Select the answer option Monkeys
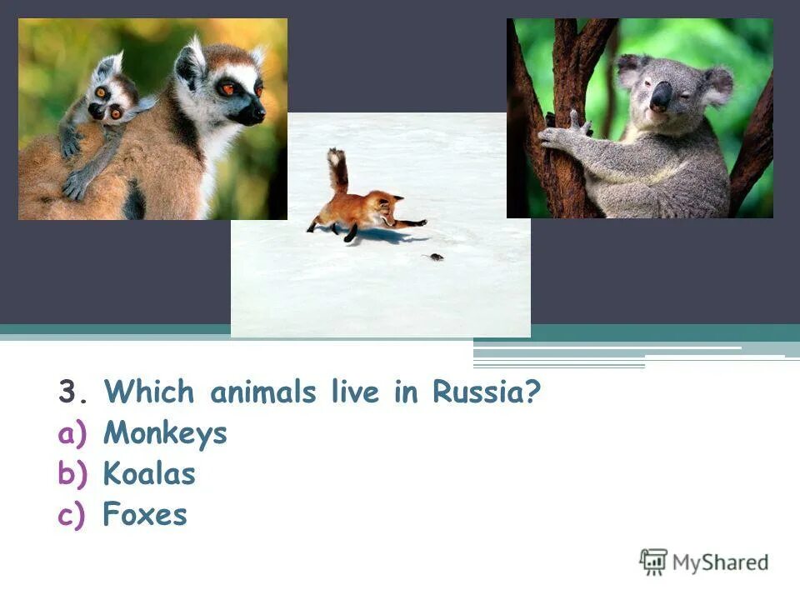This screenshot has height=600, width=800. click(165, 433)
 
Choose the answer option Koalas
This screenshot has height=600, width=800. click(149, 474)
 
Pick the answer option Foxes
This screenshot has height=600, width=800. click(145, 515)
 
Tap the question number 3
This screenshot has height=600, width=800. click(67, 392)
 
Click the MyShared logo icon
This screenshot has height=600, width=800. click(653, 562)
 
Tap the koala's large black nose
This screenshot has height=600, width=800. click(661, 97)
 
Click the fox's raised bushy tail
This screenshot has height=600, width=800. click(337, 170)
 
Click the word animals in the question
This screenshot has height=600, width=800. click(262, 392)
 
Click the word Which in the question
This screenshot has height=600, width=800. click(149, 392)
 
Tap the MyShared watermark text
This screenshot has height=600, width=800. click(720, 562)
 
